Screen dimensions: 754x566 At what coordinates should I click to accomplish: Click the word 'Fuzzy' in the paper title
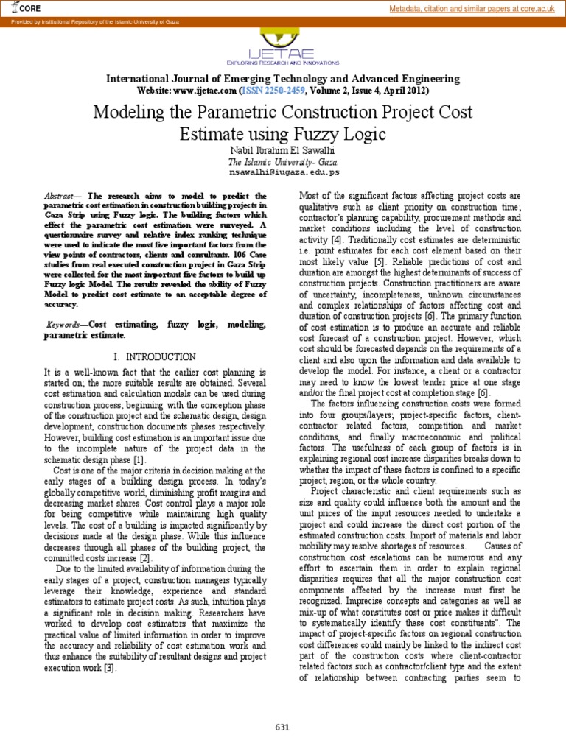[332, 135]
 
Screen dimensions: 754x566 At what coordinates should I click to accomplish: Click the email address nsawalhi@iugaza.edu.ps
[284, 172]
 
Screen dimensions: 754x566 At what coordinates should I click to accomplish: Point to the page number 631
[283, 727]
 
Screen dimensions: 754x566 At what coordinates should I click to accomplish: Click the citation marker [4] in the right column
[336, 240]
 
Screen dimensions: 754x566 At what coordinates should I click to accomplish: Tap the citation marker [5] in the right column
[379, 262]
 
